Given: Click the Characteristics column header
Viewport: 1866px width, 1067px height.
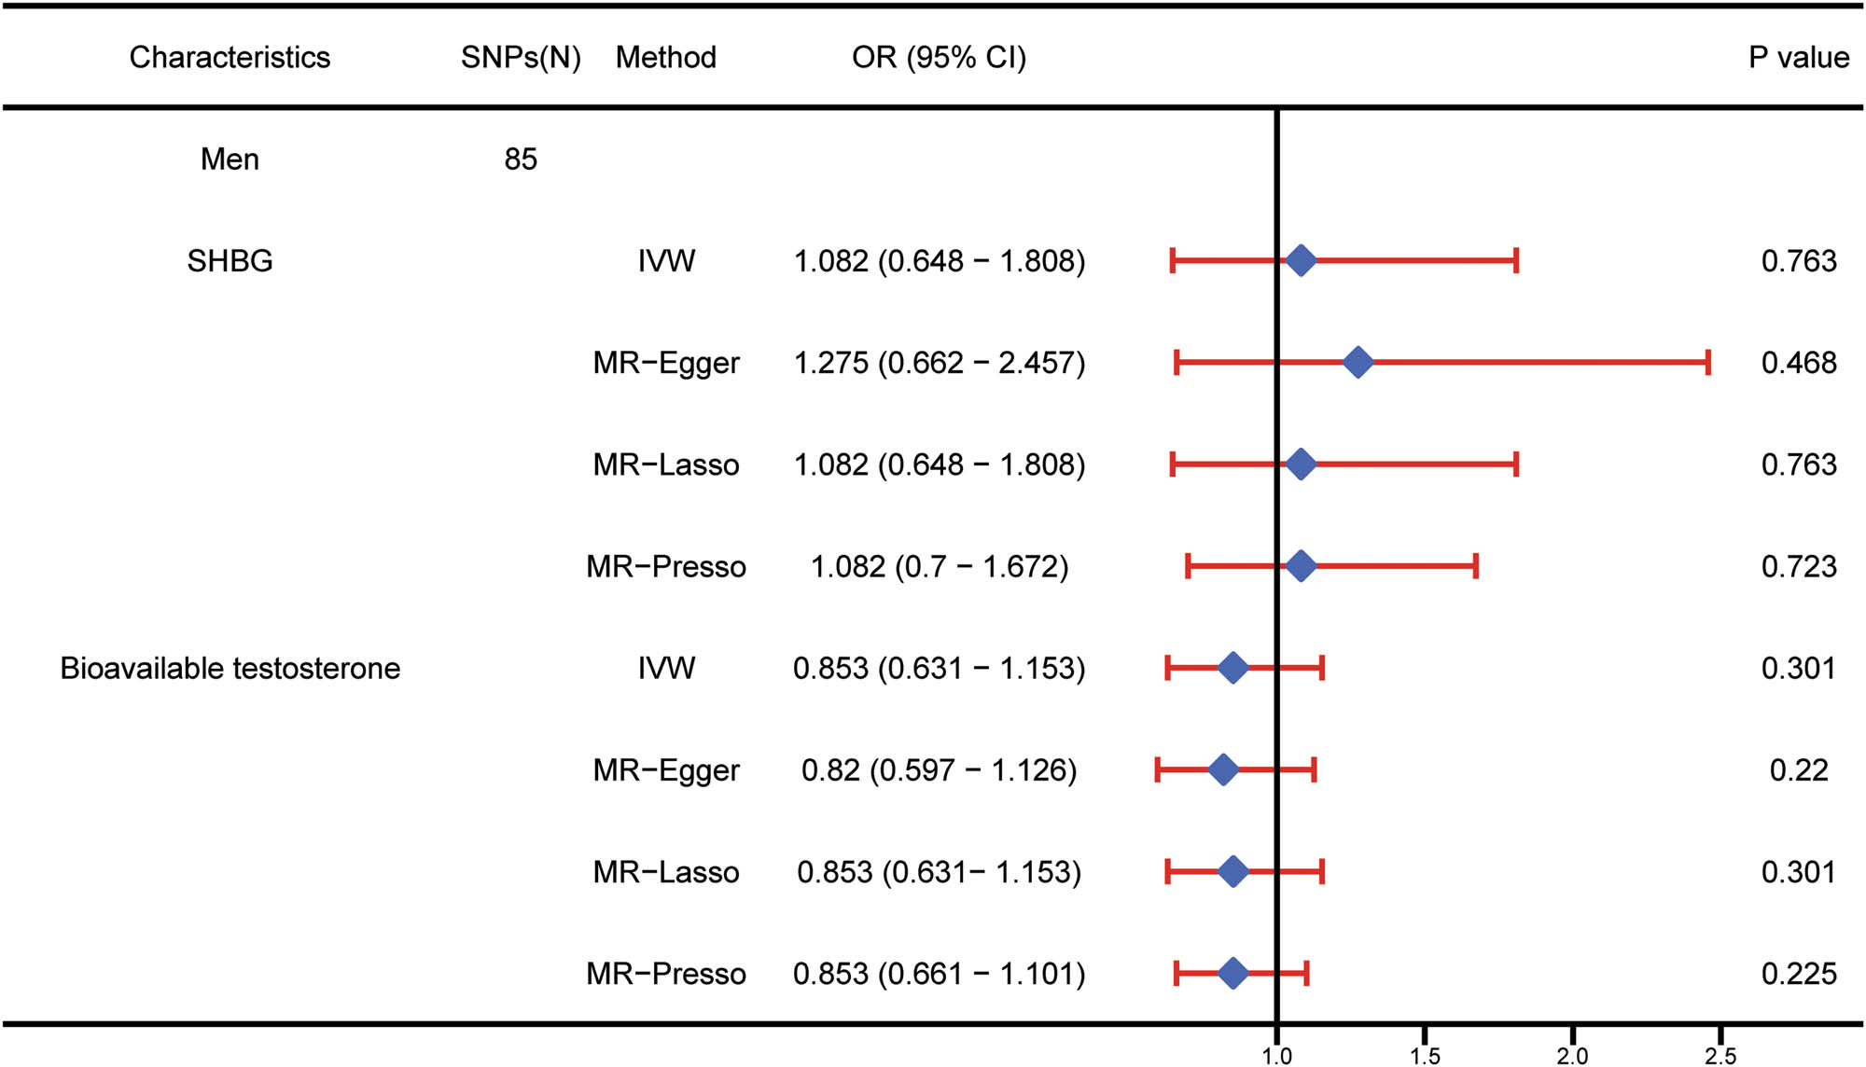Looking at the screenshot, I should coord(230,58).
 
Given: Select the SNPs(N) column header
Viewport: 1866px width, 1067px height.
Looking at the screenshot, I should coord(521,58).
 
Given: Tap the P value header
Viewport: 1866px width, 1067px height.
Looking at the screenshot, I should coord(1798,58).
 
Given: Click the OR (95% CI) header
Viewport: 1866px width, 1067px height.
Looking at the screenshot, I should coord(939,58).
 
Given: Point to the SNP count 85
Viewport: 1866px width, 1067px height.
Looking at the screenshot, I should coord(521,159).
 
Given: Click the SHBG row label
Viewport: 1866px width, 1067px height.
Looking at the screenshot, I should coord(230,261).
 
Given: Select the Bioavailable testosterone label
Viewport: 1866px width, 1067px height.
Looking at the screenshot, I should coord(230,669).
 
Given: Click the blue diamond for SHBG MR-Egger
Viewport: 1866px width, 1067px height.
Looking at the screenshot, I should coord(1358,362).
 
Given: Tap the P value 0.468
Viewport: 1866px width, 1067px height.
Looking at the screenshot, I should coord(1798,363).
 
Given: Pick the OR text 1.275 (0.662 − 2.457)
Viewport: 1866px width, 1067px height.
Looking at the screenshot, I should coord(939,363).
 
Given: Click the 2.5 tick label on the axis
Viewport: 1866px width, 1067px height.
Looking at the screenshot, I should coord(1720,1056).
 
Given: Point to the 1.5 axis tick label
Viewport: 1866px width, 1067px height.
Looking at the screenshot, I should coord(1425,1056).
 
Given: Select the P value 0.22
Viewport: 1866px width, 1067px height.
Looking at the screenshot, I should coord(1798,770).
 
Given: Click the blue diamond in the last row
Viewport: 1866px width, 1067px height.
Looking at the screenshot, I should coord(1232,973).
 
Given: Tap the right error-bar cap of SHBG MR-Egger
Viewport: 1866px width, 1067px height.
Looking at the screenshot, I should coord(1707,362).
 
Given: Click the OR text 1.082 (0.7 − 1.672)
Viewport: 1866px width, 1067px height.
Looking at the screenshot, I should coord(939,566).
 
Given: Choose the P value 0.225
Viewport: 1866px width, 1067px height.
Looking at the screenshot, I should coord(1798,974).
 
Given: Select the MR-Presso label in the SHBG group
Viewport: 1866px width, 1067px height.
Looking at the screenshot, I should coord(665,566).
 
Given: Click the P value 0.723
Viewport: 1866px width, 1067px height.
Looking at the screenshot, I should coord(1798,566).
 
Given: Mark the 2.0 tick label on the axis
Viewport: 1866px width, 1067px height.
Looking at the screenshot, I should coord(1572,1056).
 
